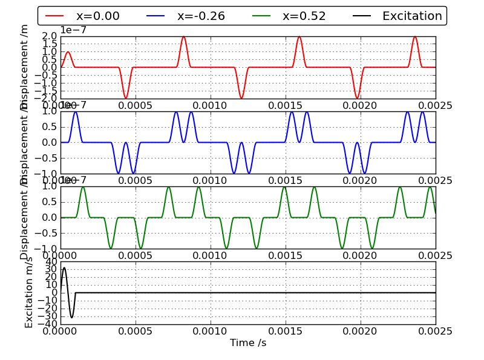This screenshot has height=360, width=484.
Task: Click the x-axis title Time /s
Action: tap(247, 343)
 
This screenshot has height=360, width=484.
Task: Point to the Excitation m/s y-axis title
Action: tap(29, 292)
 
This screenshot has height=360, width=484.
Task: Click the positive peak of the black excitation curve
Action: tap(64, 267)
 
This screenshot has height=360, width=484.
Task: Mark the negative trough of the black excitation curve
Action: tap(71, 318)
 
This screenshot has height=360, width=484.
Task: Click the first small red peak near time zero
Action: tap(68, 52)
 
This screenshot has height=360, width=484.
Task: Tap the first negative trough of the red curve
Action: tap(126, 98)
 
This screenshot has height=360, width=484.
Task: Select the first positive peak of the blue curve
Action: tap(75, 112)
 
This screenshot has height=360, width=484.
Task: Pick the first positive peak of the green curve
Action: tap(83, 187)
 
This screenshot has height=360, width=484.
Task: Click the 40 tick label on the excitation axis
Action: tap(50, 262)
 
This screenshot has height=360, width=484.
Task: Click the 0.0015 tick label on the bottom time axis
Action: tap(285, 331)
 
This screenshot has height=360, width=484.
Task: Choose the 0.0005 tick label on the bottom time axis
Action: tap(136, 331)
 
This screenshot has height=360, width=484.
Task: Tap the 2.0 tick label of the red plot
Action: tap(50, 36)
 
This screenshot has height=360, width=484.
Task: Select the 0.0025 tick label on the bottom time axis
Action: tap(435, 331)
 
